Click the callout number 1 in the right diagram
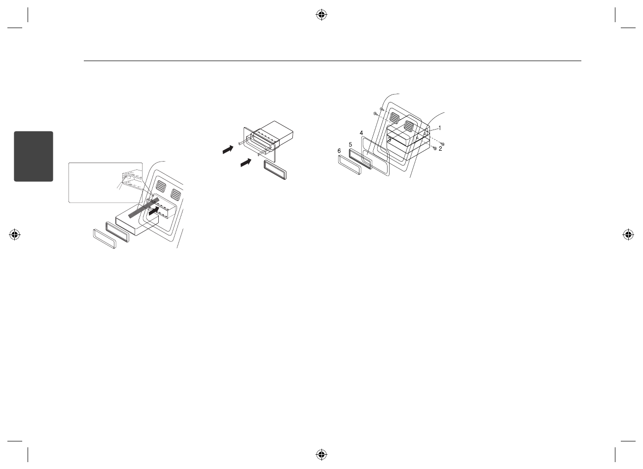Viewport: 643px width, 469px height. [x=439, y=128]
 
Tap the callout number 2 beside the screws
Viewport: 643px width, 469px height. [x=440, y=148]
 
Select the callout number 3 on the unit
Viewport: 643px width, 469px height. [x=389, y=140]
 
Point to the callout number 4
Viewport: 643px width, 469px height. [x=361, y=133]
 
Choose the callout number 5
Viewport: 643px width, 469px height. [x=350, y=144]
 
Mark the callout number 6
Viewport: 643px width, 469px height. [x=339, y=151]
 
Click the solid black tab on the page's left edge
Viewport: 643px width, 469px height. [x=34, y=156]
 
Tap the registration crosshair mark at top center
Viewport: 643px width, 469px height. [x=321, y=15]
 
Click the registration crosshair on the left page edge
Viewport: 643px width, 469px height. [x=15, y=234]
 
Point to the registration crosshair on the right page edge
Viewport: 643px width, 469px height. [x=628, y=234]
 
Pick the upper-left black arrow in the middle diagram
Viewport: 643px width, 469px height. [x=227, y=149]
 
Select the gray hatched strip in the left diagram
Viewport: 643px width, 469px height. [x=144, y=208]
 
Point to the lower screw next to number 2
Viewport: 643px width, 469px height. [x=434, y=148]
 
